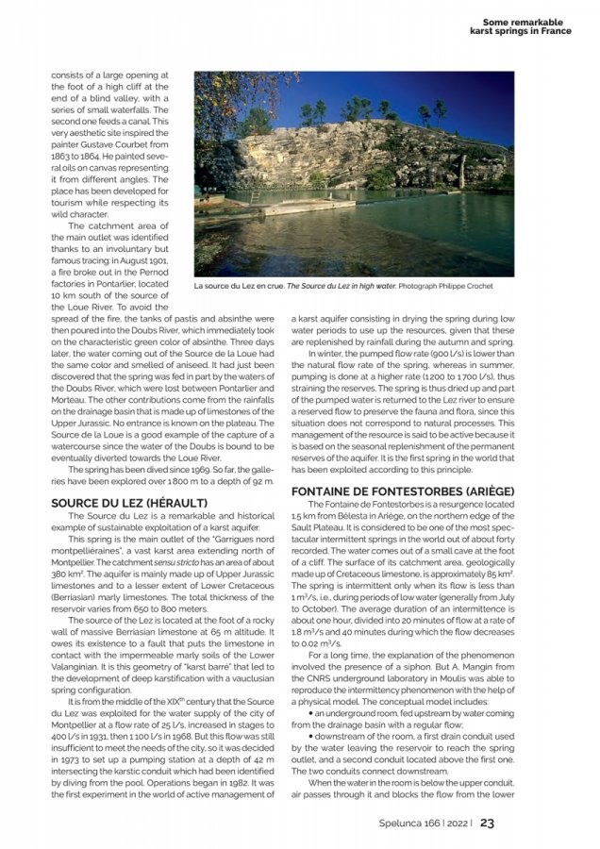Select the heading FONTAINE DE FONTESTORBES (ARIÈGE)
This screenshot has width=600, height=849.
click(x=403, y=491)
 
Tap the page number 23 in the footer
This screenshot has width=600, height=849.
click(x=488, y=822)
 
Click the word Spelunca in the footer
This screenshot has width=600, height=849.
click(x=394, y=823)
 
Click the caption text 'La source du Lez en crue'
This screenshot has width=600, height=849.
click(x=238, y=286)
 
